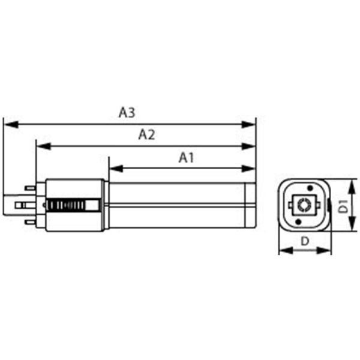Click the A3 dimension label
coord(127,112)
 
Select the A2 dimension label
coord(146,134)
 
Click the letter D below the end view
coord(304,241)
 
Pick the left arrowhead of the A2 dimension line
coord(41,146)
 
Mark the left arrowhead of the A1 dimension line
coord(113,169)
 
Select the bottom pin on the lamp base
coord(28,223)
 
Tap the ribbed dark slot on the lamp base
coord(72,205)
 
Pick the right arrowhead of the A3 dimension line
coord(252,124)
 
